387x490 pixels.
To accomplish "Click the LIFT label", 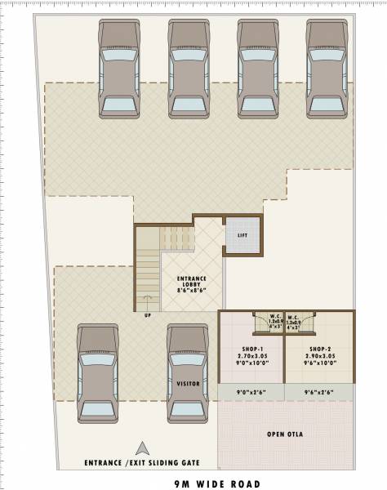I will (242, 235).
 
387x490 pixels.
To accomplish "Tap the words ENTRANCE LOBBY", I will (192, 283).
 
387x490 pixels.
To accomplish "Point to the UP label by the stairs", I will (147, 314).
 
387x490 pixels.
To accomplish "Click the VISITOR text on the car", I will (188, 383).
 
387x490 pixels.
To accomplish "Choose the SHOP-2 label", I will (320, 348).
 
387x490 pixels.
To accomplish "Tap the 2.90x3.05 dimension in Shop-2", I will (320, 355).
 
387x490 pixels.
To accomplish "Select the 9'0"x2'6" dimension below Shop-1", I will (251, 394).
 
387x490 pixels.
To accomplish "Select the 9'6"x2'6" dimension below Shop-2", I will (319, 394).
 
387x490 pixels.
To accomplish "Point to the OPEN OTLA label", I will (285, 434).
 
